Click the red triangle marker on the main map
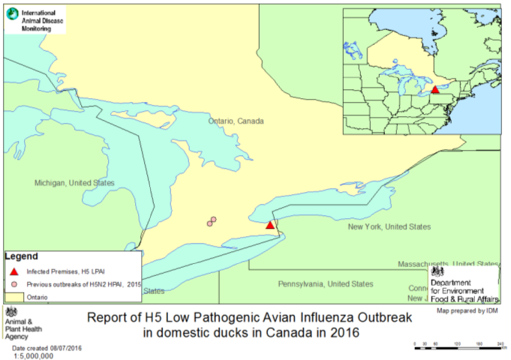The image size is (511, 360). pos(271,224)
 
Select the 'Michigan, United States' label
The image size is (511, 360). pos(74,183)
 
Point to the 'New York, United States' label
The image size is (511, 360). pos(389,226)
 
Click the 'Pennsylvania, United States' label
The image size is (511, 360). pos(325,284)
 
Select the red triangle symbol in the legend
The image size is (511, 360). pos(14,271)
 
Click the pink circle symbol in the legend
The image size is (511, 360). pos(14,284)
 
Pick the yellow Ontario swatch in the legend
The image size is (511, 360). pos(15,297)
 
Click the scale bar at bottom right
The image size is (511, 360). pos(457,346)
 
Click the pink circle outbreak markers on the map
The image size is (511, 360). pos(212,221)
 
